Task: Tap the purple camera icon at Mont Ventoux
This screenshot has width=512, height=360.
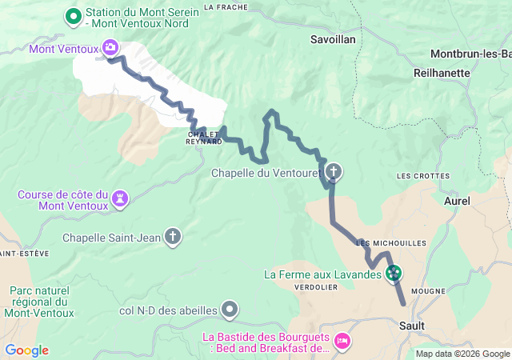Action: click(x=110, y=48)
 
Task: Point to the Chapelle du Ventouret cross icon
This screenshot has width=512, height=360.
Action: click(x=332, y=171)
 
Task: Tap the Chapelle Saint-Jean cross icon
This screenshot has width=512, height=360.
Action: click(x=172, y=236)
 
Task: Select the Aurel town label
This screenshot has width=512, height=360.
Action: click(x=457, y=201)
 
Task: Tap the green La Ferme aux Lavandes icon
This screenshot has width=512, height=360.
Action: click(x=394, y=274)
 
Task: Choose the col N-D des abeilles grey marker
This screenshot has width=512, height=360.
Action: click(x=230, y=309)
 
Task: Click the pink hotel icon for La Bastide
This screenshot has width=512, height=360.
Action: click(x=342, y=342)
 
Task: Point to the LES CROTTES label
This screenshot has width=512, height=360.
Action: click(x=423, y=175)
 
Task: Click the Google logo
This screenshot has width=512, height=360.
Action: click(x=26, y=350)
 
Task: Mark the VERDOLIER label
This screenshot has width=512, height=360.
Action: click(x=316, y=286)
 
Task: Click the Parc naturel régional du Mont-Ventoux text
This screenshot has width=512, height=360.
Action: click(x=39, y=302)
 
